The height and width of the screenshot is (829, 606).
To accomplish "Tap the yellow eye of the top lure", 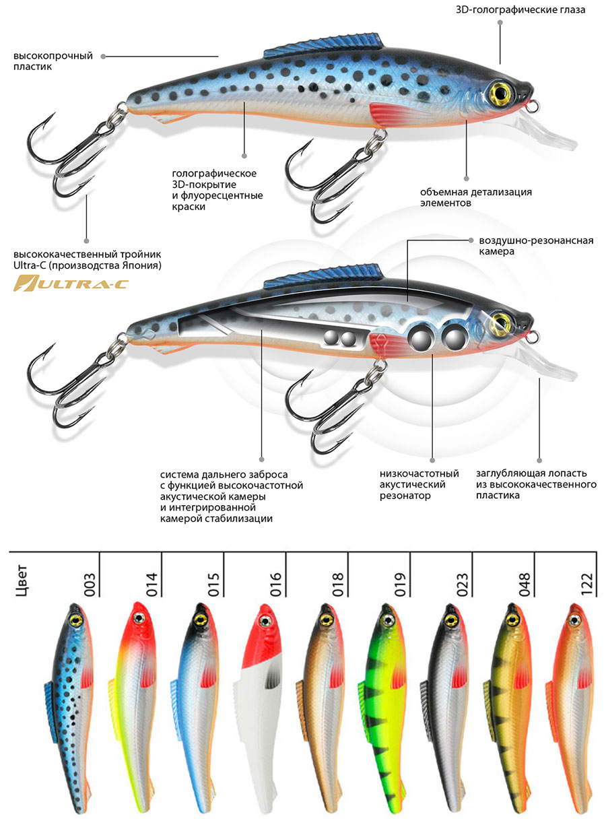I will click(x=501, y=90).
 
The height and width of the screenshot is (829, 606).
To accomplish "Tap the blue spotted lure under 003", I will click(x=71, y=707).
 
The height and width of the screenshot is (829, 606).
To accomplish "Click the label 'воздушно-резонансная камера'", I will click(x=535, y=246).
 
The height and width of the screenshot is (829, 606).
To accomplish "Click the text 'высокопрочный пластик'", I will click(x=53, y=61).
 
